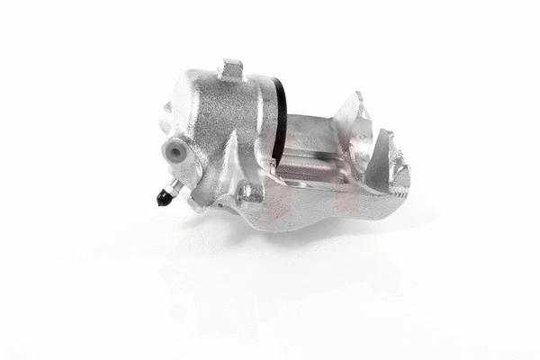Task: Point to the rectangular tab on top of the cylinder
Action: (232, 68)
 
